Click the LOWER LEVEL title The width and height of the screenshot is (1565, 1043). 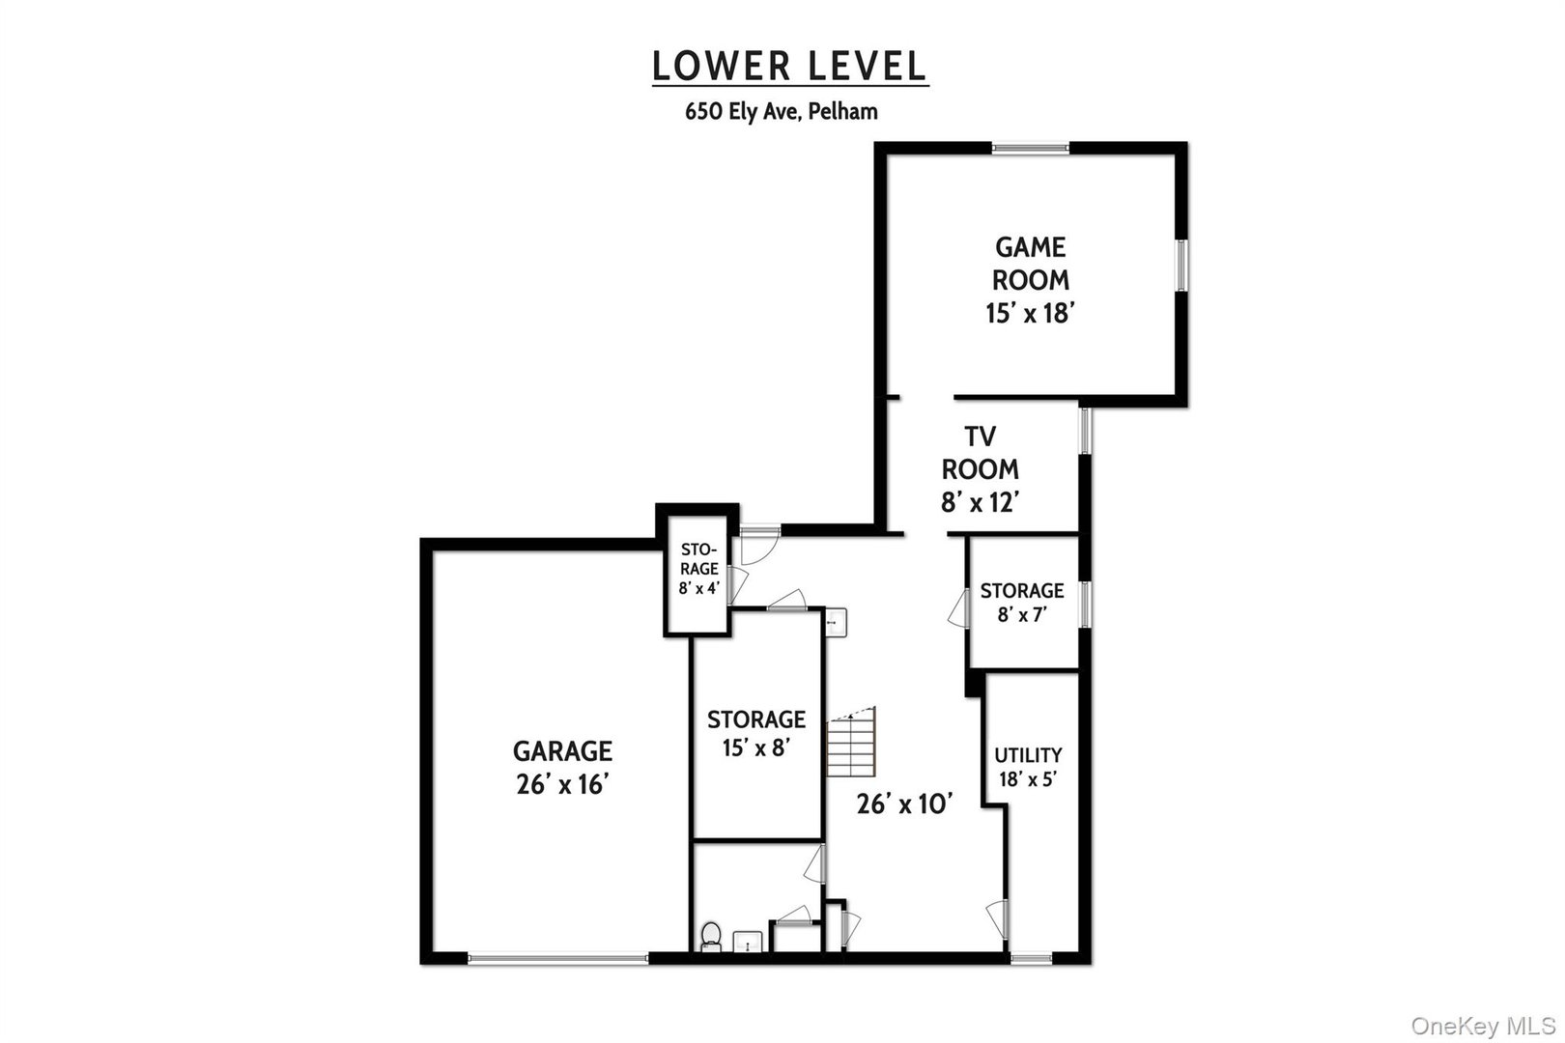(789, 66)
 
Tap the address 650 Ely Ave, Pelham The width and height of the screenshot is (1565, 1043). (782, 111)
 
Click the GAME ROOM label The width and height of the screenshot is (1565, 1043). (1031, 264)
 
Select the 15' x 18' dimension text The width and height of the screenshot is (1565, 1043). (1031, 313)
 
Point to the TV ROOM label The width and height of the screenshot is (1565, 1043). (980, 452)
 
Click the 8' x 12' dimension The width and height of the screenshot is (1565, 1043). (981, 502)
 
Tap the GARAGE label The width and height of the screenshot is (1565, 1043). (561, 750)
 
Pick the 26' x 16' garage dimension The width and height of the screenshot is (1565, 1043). (561, 784)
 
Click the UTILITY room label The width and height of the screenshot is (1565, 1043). (1028, 755)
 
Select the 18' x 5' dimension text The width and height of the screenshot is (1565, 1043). (1028, 778)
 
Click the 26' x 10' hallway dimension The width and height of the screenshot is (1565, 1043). (905, 803)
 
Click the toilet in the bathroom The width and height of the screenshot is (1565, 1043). (710, 936)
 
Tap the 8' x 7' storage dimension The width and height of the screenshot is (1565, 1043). (1022, 614)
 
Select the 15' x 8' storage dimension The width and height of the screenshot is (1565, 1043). (755, 748)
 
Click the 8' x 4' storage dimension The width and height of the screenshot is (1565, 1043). (698, 588)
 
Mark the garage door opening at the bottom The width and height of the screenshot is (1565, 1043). (557, 958)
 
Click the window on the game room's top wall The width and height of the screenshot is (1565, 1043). (1031, 148)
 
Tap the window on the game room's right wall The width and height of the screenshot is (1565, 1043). (1181, 264)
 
